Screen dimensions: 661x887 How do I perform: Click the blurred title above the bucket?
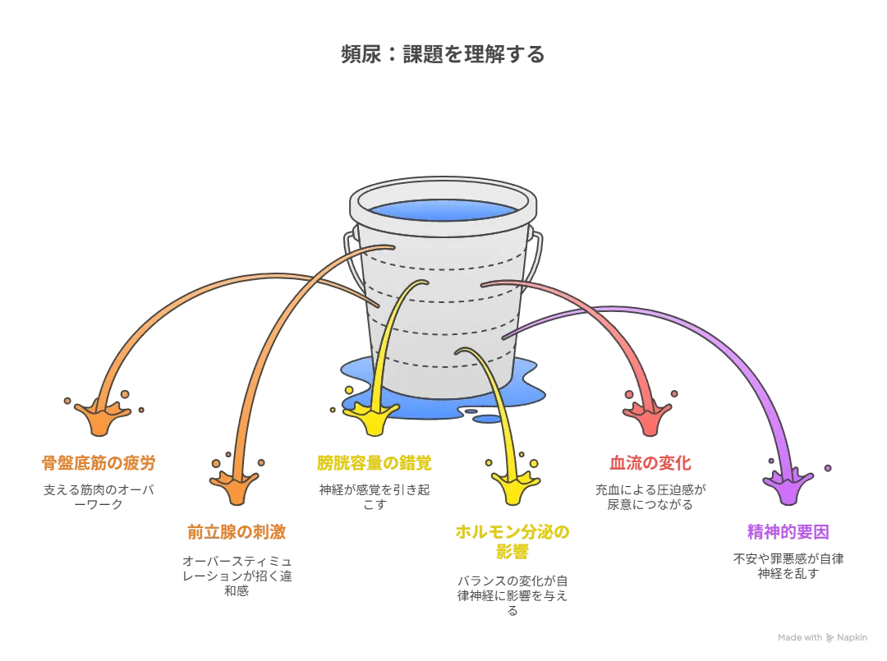tap(441, 54)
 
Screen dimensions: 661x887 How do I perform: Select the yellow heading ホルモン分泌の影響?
tap(512, 542)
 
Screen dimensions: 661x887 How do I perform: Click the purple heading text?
tap(788, 532)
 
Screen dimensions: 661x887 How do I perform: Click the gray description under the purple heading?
tap(788, 567)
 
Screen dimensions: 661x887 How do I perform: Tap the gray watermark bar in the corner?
tap(820, 636)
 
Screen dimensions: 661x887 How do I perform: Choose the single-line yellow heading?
tap(375, 464)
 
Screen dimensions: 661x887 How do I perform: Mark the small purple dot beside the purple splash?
tap(828, 468)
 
